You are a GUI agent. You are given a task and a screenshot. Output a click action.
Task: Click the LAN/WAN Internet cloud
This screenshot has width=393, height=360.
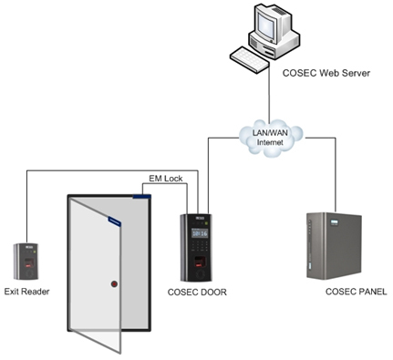(266, 138)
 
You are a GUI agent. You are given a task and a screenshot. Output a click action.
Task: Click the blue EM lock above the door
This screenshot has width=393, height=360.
(142, 194)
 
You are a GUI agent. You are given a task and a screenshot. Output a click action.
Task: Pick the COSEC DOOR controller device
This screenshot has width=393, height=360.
(198, 247)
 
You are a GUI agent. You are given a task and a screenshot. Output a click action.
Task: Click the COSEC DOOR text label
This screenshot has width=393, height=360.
(197, 293)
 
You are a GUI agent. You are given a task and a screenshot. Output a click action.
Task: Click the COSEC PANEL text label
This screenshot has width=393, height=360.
(356, 293)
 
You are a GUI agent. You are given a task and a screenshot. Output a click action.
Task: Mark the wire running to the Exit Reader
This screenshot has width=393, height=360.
(26, 205)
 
